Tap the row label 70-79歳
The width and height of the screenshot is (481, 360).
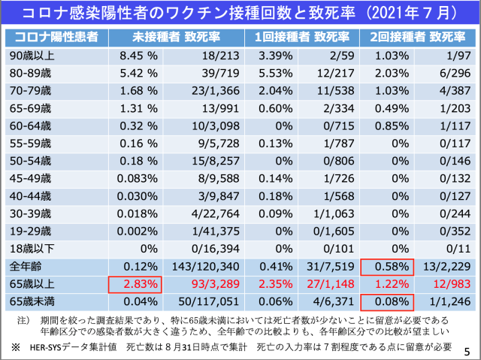(29, 89)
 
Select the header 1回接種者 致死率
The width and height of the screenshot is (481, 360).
(303, 37)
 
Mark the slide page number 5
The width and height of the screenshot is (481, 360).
(467, 349)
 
